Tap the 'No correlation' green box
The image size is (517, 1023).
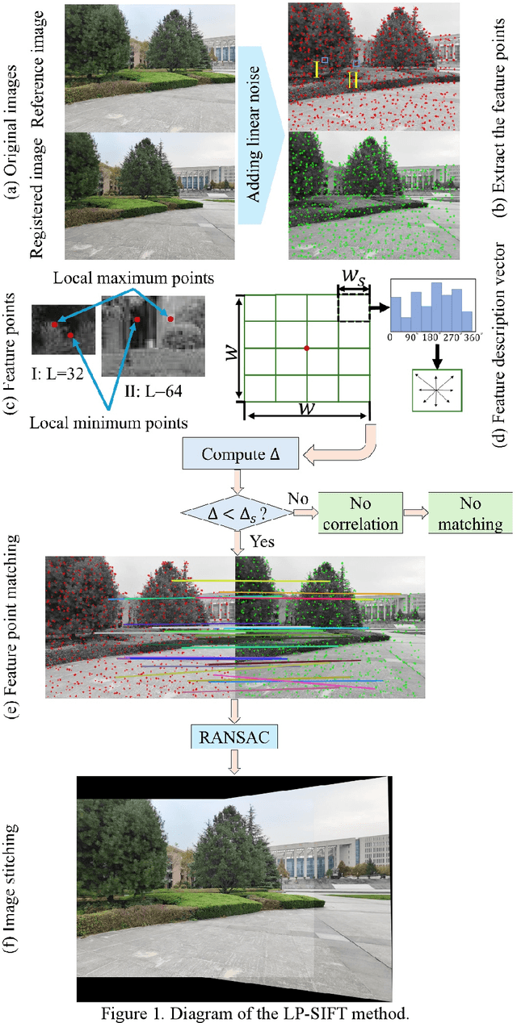359,512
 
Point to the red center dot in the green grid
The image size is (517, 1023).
306,348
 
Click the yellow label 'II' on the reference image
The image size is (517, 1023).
353,80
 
